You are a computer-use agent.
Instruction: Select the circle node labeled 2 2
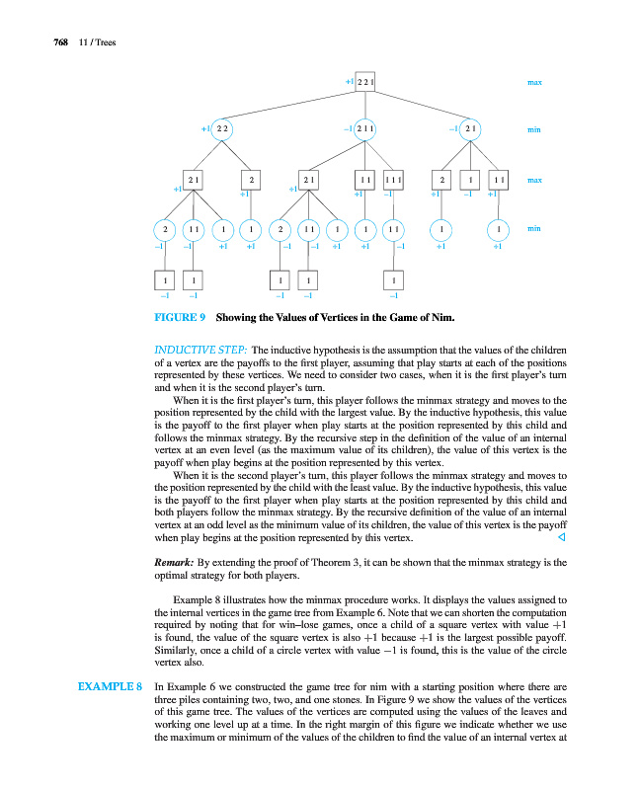coord(223,129)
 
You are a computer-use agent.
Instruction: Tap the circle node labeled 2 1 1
coord(365,129)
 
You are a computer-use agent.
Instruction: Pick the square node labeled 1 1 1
coord(393,181)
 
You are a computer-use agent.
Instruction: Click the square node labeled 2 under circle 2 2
coord(253,181)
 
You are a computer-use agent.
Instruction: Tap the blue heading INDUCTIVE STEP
coord(200,350)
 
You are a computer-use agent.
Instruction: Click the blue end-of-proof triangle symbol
coord(561,539)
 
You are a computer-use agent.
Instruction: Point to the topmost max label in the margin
coord(534,82)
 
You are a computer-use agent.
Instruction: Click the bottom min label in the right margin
coord(534,229)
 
